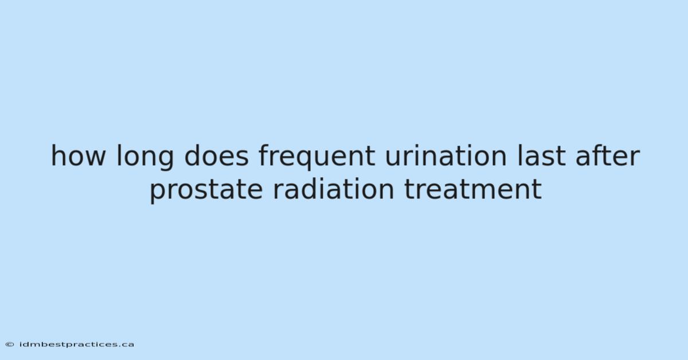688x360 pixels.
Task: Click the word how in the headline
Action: point(78,156)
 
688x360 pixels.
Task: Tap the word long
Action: point(145,157)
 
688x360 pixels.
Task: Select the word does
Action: point(216,156)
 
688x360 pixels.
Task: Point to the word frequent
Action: point(316,157)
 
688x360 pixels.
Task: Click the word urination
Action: point(445,156)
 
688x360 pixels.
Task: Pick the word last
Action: point(541,156)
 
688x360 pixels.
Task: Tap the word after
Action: point(608,156)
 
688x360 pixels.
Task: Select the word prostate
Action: point(206,191)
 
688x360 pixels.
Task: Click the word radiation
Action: point(334,189)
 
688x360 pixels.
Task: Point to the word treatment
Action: point(473,190)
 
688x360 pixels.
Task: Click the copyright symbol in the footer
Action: point(10,345)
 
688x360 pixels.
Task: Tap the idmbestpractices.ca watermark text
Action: point(77,345)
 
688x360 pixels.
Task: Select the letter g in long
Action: point(166,160)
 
